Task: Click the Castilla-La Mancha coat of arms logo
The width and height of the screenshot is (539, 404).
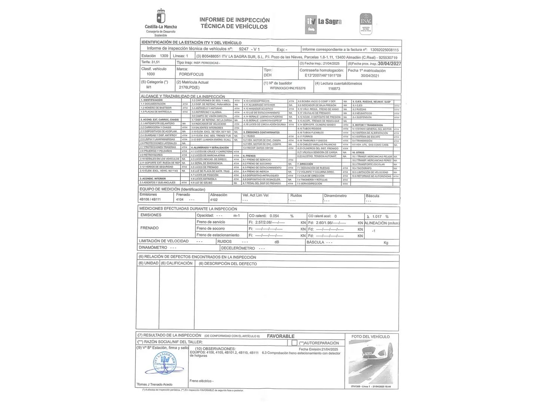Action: [161, 17]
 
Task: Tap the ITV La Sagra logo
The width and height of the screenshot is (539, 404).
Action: [323, 22]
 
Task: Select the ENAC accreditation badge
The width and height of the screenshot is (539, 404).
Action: [366, 23]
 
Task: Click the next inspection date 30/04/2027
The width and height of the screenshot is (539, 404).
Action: [389, 64]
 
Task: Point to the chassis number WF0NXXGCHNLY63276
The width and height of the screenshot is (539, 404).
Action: [287, 88]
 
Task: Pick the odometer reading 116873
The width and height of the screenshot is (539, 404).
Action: [334, 89]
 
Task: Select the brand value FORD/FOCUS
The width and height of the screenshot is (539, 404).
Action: [191, 74]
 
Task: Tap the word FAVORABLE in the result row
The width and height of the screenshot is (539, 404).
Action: [281, 336]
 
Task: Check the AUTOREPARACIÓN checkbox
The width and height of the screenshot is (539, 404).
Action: [294, 343]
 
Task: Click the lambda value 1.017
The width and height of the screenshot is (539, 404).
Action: [377, 217]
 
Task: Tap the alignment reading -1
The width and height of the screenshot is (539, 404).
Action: [374, 231]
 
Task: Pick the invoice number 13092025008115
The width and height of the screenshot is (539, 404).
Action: [384, 50]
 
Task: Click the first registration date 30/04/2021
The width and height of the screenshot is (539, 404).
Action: [370, 76]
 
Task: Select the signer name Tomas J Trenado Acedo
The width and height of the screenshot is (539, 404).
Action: [155, 385]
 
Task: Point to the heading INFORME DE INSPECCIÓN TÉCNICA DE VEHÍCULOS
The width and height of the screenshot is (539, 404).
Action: [234, 23]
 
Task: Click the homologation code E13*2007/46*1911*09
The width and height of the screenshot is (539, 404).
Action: [323, 76]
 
